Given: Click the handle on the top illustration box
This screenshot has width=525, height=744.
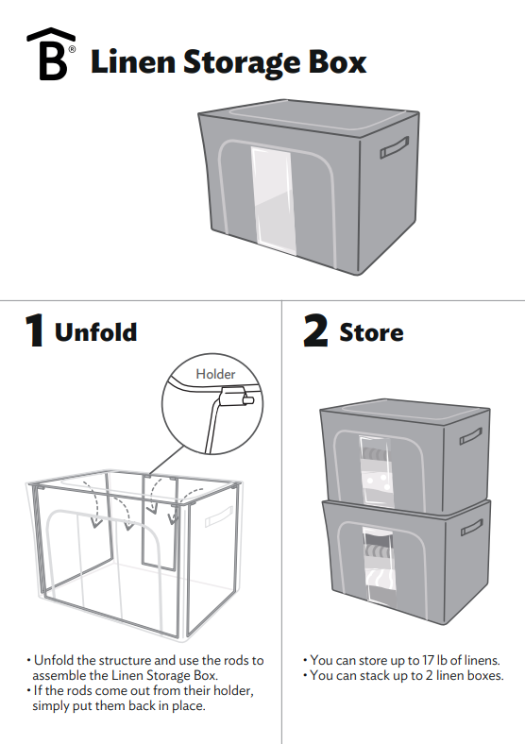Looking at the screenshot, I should pyautogui.click(x=395, y=146).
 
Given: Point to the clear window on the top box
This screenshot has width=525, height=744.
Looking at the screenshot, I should pyautogui.click(x=270, y=193).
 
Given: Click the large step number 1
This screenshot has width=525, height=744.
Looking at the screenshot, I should pyautogui.click(x=34, y=331).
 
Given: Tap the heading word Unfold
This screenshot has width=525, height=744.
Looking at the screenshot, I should pyautogui.click(x=95, y=332).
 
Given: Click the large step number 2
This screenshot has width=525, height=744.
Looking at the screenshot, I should pyautogui.click(x=315, y=331).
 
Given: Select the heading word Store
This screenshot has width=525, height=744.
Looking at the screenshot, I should pyautogui.click(x=371, y=332).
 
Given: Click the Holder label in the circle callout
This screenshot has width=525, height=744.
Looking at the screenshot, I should pyautogui.click(x=215, y=374).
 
